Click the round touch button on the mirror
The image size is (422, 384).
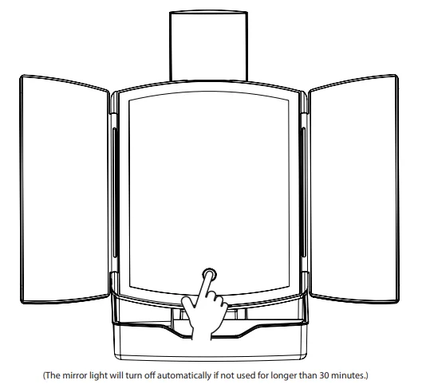click(x=209, y=275)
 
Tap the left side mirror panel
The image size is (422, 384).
click(x=65, y=189)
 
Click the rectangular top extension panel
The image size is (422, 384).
click(x=208, y=45)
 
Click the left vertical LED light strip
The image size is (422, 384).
click(x=115, y=192)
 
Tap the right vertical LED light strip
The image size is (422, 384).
click(x=303, y=192)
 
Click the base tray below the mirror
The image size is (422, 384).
click(x=210, y=341)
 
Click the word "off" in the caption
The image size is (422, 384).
click(x=150, y=375)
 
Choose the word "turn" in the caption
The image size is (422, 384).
click(x=134, y=375)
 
